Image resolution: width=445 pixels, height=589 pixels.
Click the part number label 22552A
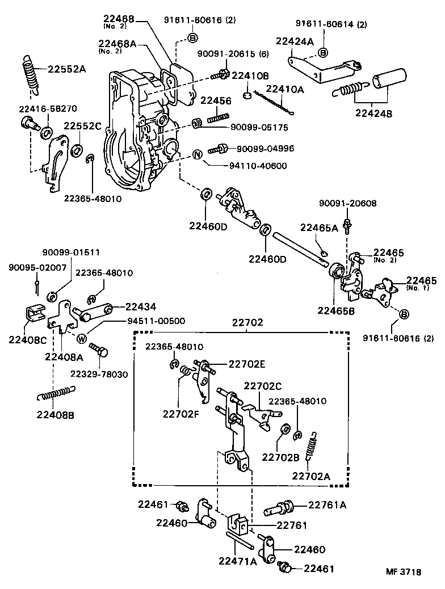pos(66,69)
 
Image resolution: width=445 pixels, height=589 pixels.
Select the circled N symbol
pos(197,155)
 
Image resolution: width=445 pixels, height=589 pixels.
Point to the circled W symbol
pos(81,339)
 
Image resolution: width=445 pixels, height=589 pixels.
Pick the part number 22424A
pos(294,41)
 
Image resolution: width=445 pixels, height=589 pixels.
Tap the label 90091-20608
pos(347,203)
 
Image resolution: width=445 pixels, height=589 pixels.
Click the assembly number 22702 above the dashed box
pos(247,322)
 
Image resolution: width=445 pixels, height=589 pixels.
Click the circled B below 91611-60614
pos(322,53)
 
